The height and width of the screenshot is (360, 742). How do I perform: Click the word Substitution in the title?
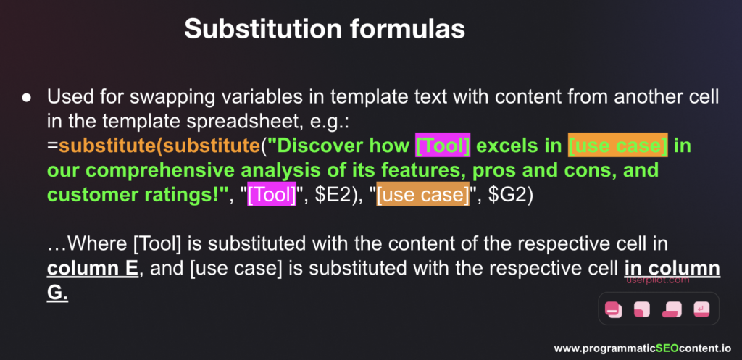tap(262, 29)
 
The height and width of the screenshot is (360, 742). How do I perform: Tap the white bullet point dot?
tap(27, 99)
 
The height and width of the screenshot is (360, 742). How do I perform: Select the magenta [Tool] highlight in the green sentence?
tap(443, 145)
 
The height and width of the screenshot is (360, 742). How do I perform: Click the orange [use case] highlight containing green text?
tap(617, 145)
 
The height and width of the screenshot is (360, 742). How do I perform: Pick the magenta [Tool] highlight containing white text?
tap(272, 194)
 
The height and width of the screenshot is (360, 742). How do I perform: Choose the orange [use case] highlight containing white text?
tap(423, 194)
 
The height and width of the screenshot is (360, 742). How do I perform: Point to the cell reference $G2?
tap(507, 194)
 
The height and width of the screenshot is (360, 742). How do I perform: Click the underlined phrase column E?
tap(93, 269)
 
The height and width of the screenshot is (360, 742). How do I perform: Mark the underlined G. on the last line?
tap(57, 293)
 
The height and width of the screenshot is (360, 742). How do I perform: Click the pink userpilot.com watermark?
tap(658, 280)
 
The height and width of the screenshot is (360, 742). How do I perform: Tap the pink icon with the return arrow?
tap(701, 309)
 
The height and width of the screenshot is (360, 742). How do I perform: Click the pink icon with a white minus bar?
tap(613, 309)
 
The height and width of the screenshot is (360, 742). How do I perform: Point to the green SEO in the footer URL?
tap(667, 348)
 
